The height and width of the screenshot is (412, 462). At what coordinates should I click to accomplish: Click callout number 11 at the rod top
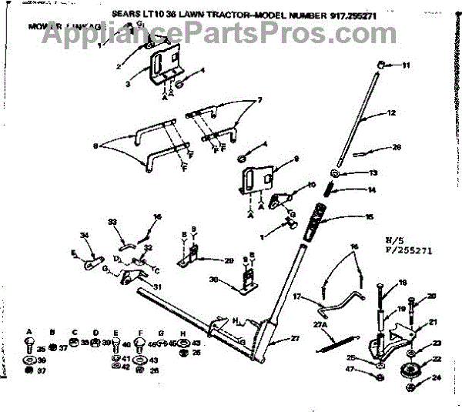click(x=407, y=66)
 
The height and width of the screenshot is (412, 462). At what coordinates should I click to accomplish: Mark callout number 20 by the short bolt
click(x=431, y=296)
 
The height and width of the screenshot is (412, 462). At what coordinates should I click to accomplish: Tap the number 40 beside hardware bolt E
click(x=126, y=344)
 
